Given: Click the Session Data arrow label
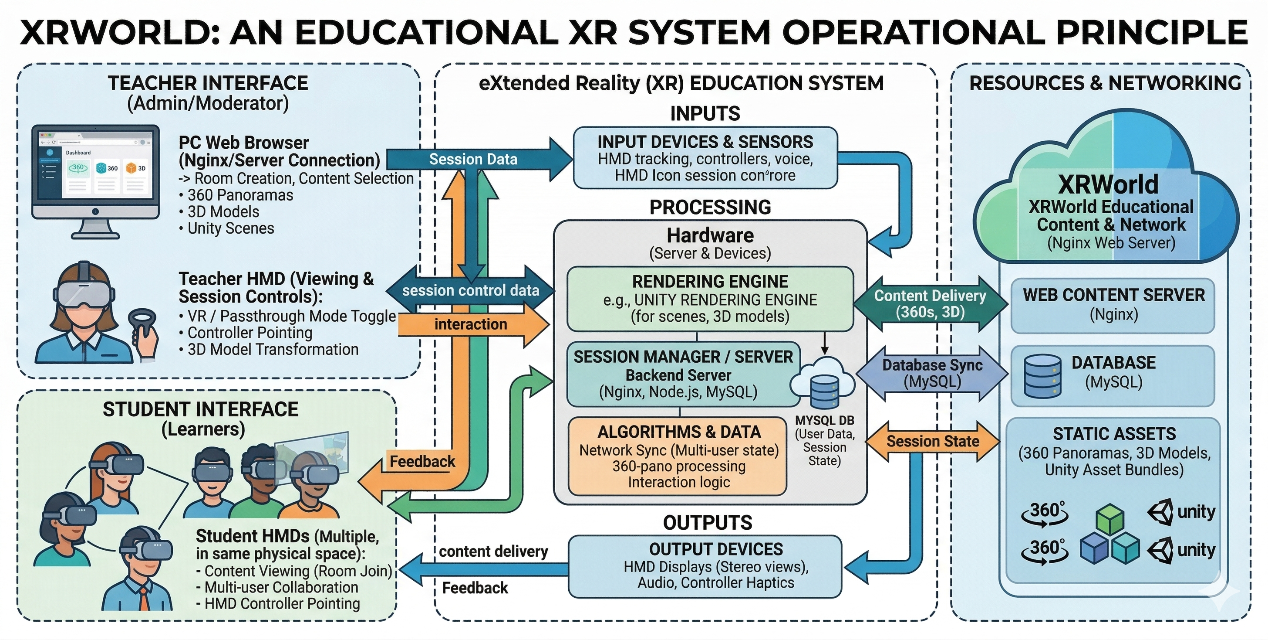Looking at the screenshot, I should (x=473, y=159).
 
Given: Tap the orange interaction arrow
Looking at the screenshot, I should (x=471, y=324).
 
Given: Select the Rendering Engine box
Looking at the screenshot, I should (x=710, y=299).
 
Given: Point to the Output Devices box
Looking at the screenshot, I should (x=705, y=567).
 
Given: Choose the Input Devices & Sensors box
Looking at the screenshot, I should (x=705, y=158).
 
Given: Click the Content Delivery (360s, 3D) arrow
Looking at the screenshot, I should (x=930, y=303).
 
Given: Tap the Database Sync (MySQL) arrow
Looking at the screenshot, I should (x=932, y=373).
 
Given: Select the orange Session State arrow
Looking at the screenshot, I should (x=932, y=441).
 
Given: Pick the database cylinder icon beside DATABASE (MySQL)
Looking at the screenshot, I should (x=1042, y=376).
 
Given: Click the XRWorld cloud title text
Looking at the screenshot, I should (x=1108, y=185).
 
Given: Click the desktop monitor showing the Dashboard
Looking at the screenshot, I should (x=95, y=173).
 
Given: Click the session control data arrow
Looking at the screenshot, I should (x=471, y=290).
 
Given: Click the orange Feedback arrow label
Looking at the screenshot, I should (x=422, y=462).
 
